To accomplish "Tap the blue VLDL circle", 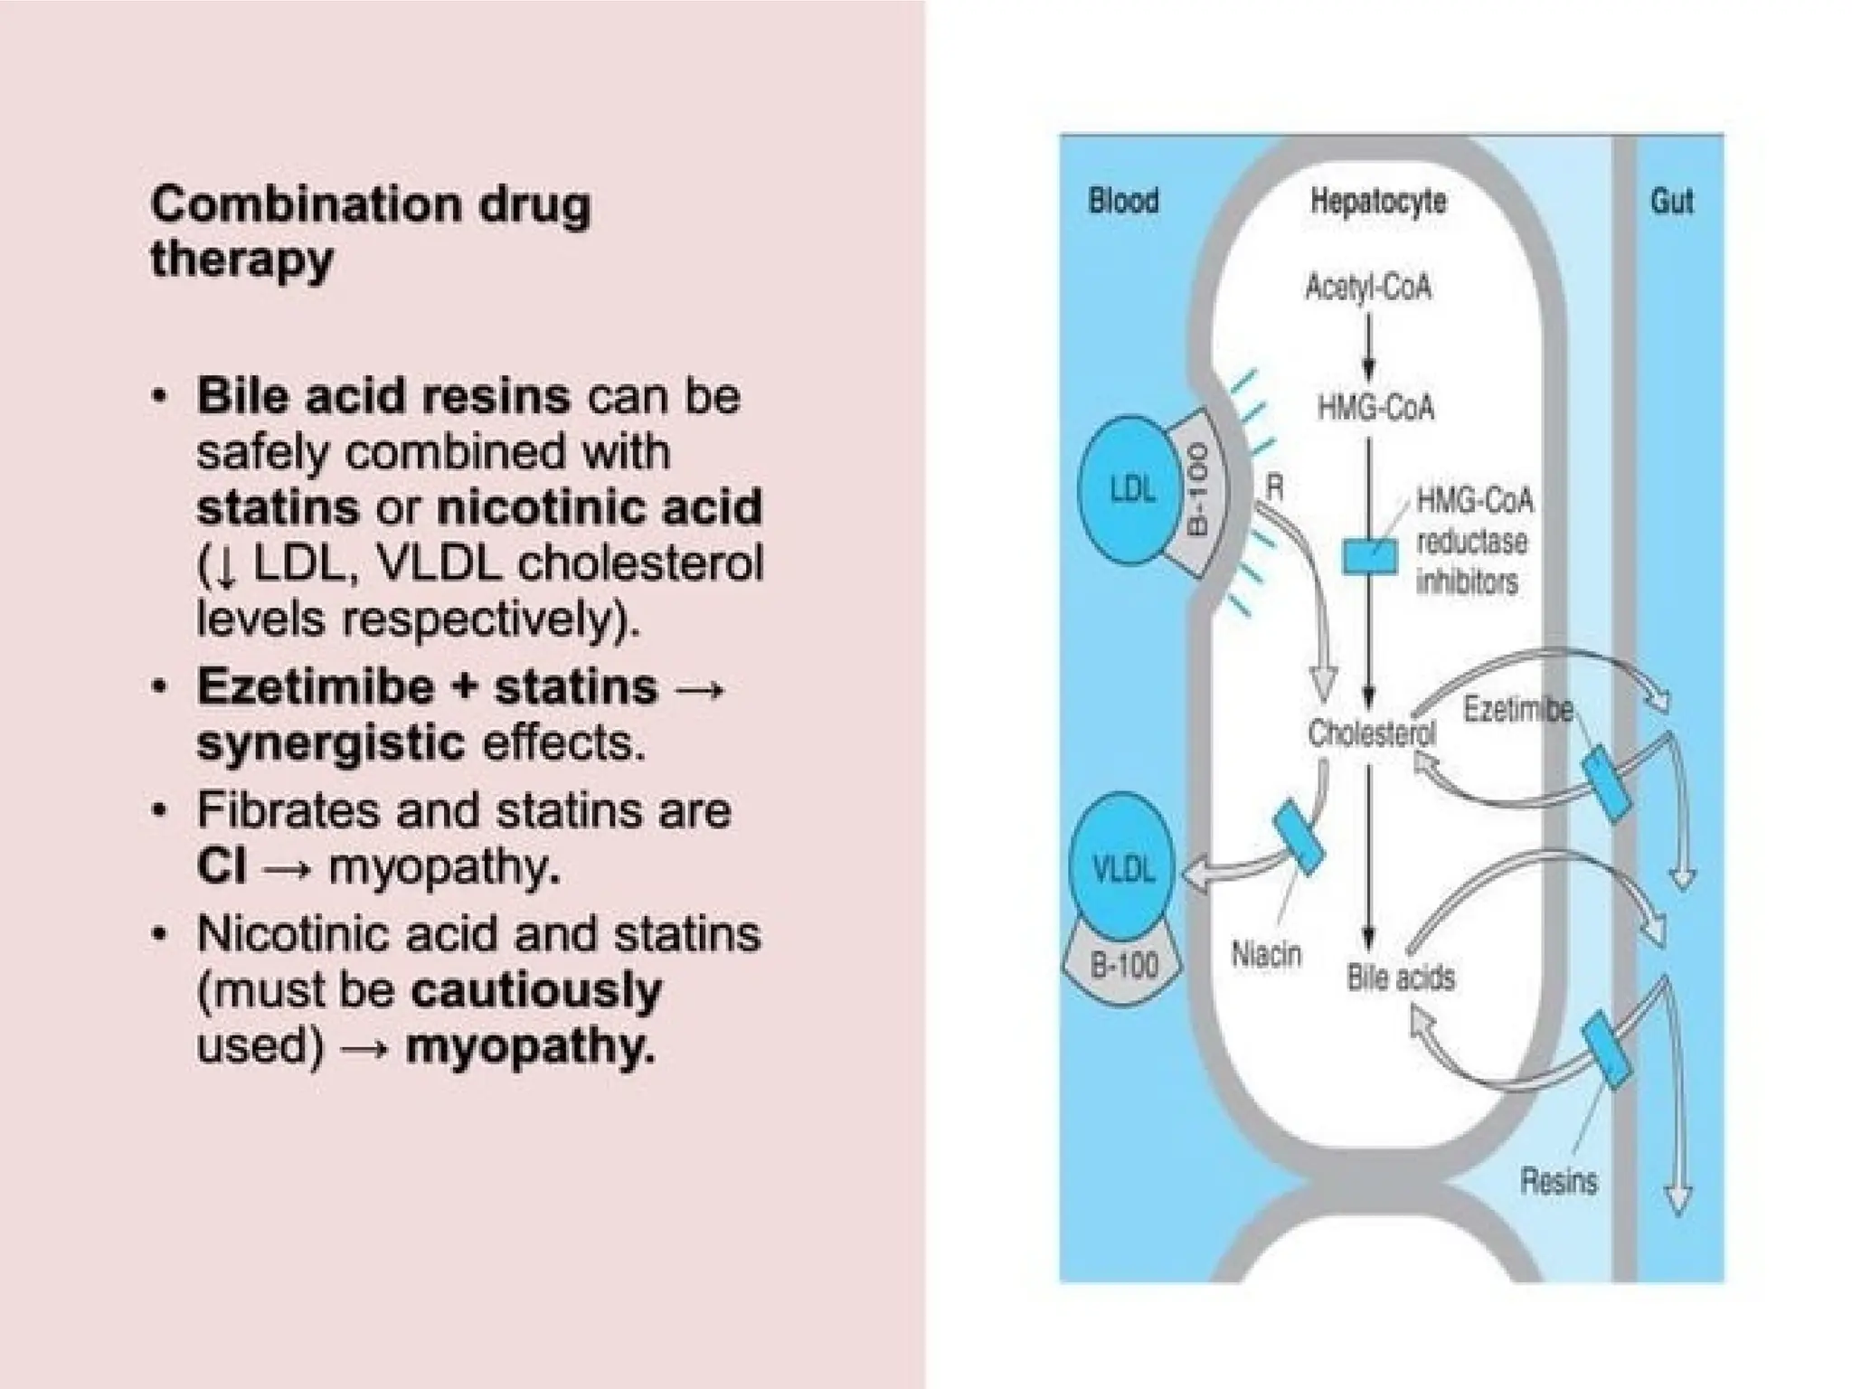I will pos(1123,868).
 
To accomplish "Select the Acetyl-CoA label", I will pos(1367,288).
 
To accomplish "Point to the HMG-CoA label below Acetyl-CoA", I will pos(1375,408).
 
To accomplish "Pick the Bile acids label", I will pos(1400,978).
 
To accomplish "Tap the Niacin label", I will pos(1266,955).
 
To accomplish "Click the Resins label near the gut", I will pos(1558,1181).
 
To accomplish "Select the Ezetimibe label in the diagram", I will pos(1517,710).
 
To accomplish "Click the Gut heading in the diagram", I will pos(1671,201).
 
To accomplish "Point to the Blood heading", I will pos(1123,201).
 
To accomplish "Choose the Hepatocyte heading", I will pos(1377,201).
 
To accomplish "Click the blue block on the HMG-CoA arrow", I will pos(1369,554).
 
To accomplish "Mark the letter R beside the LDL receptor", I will pos(1274,488).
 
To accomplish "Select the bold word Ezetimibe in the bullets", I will pos(316,685).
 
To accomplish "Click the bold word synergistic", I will pos(330,743).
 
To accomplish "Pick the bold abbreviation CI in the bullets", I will pos(221,867).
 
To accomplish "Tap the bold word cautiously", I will pos(535,991).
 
